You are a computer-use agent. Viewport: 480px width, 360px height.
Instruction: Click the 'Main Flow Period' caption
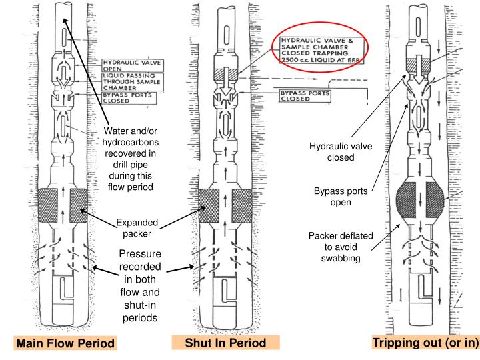point(65,344)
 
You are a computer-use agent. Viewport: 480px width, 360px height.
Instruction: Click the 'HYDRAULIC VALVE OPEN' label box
point(123,66)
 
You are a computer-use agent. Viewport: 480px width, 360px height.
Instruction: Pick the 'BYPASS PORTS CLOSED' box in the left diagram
point(127,98)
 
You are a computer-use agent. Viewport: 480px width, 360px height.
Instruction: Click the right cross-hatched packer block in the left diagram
point(79,205)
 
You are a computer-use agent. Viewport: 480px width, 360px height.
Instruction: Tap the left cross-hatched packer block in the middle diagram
point(209,205)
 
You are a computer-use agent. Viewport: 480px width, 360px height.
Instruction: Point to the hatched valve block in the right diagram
point(416,63)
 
